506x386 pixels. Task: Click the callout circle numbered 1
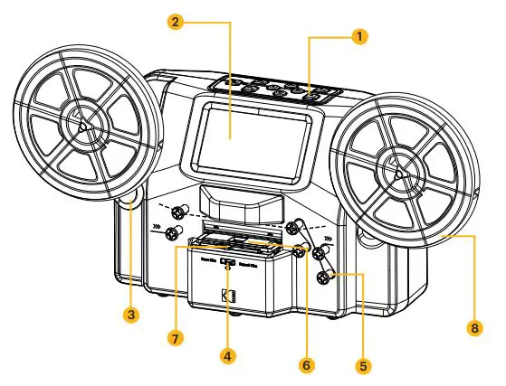361,36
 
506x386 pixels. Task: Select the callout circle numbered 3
132,315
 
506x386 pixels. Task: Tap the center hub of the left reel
83,127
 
